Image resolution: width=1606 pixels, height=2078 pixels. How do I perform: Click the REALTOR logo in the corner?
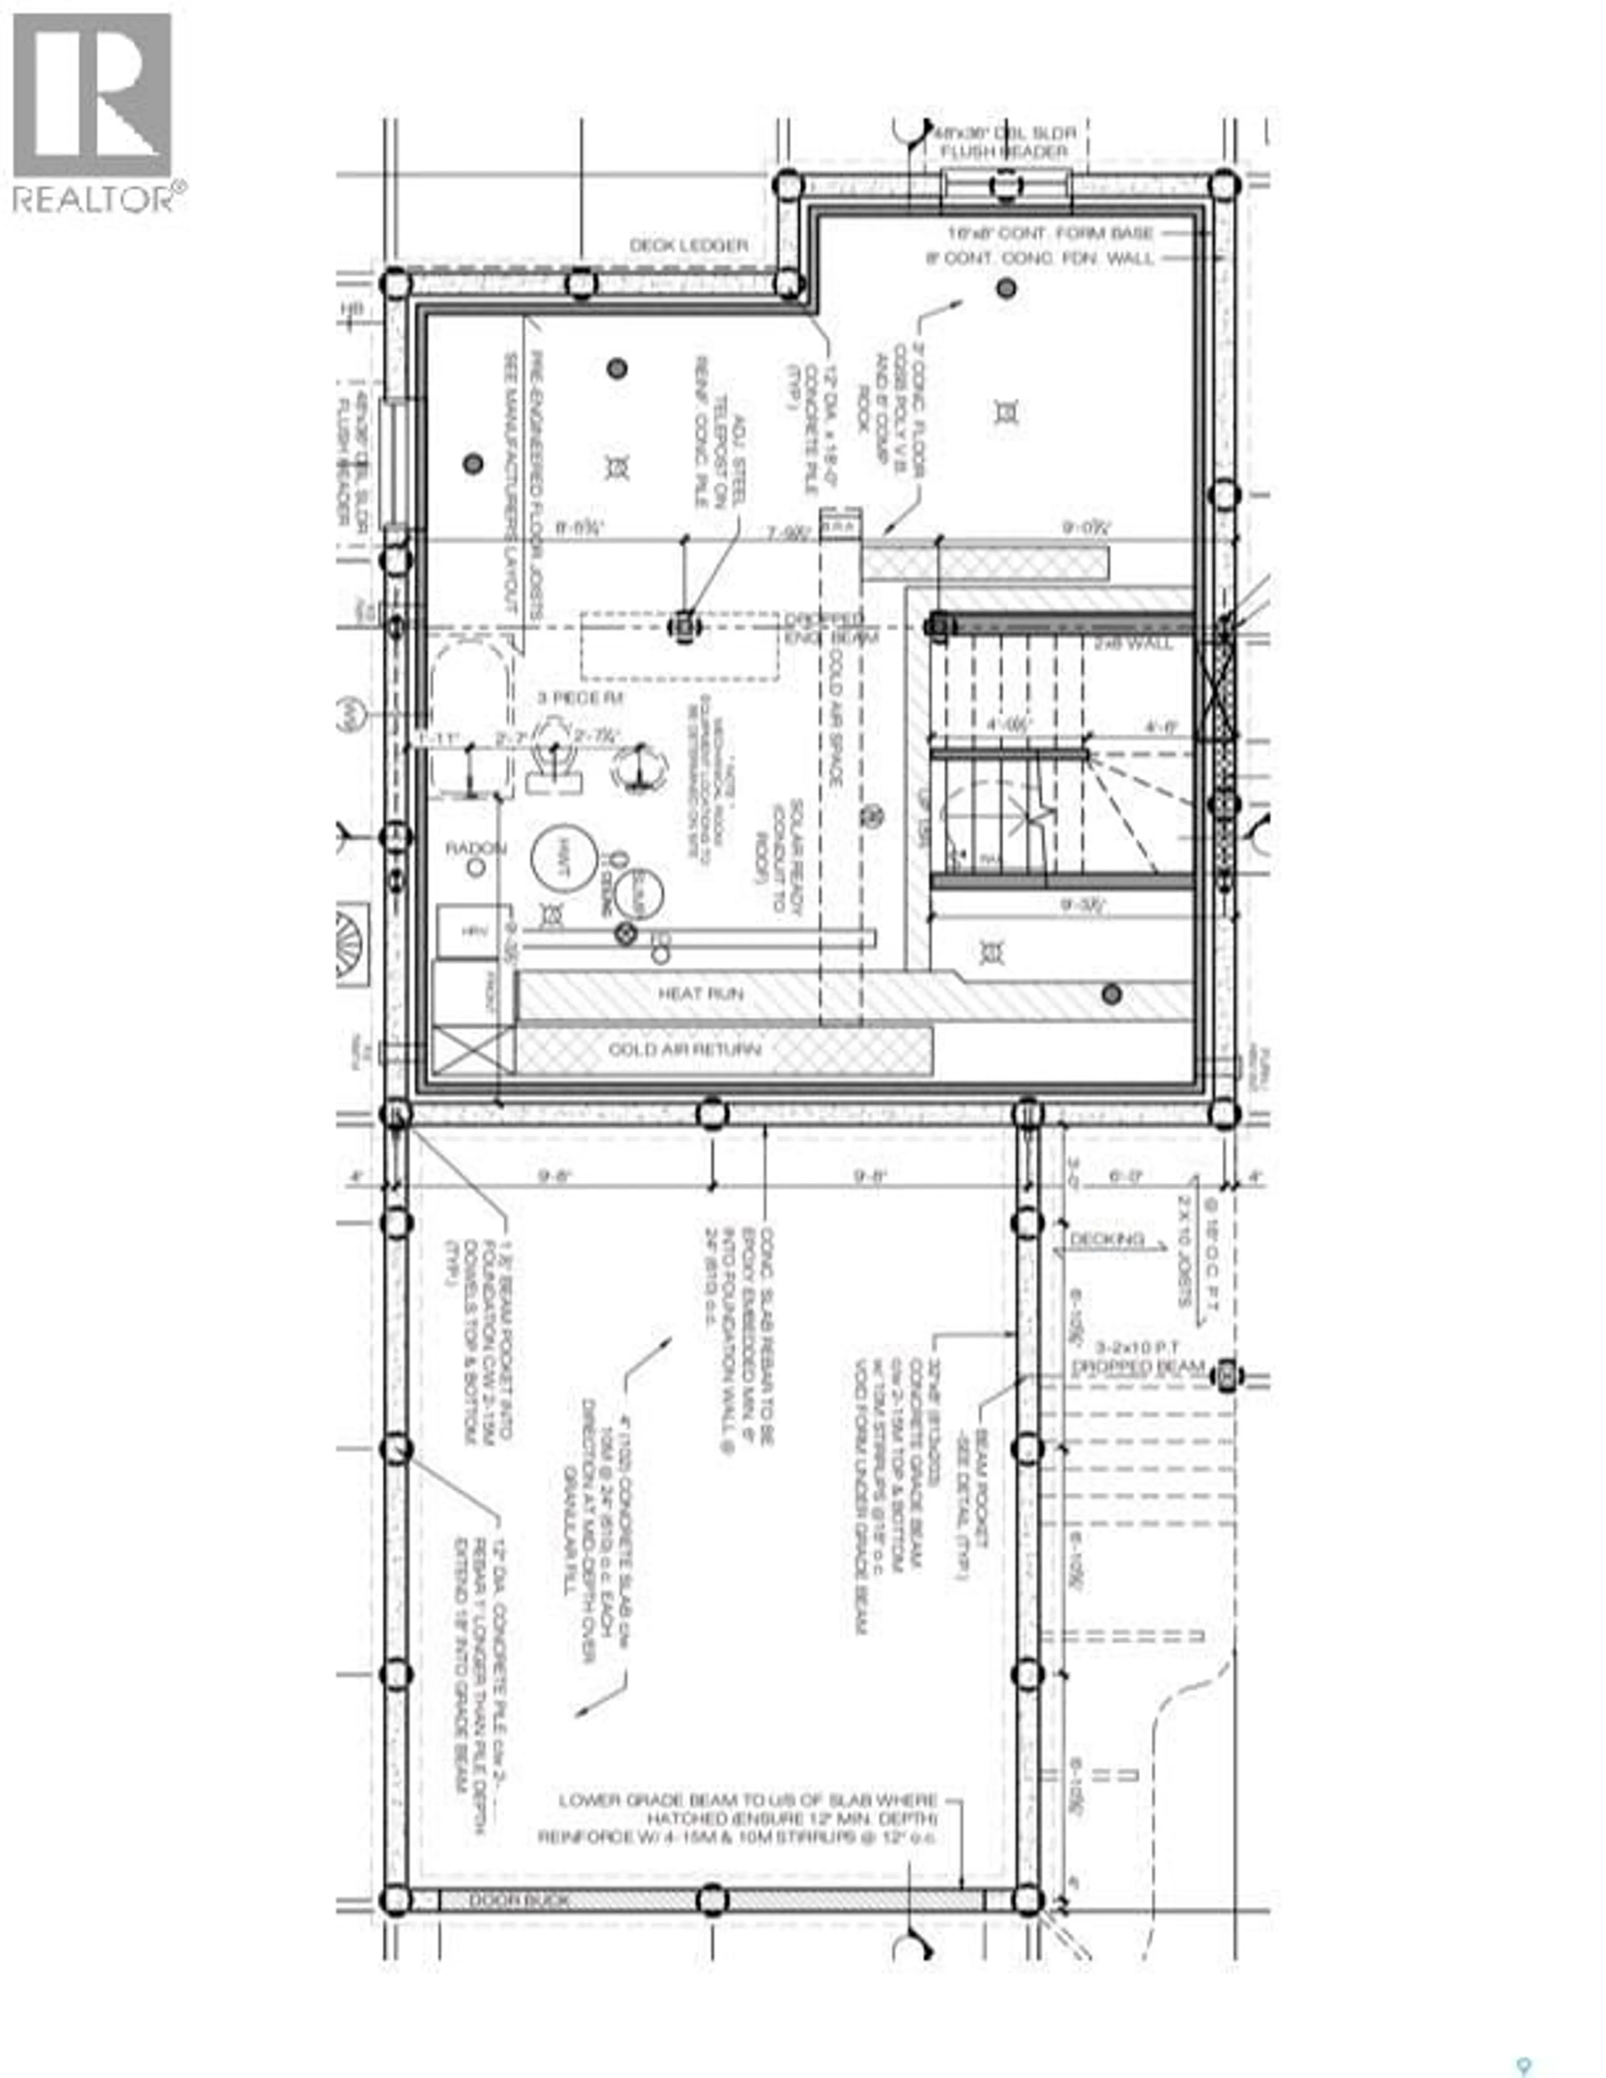click(x=93, y=112)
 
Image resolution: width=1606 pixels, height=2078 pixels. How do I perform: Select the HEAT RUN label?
click(x=700, y=993)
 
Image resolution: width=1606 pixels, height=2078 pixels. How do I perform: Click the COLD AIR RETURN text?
click(x=685, y=1050)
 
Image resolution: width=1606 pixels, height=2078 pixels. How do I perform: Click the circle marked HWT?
click(x=564, y=857)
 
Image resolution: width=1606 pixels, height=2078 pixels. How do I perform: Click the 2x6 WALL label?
click(x=1132, y=644)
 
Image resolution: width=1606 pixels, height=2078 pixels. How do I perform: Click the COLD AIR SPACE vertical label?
click(x=834, y=713)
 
